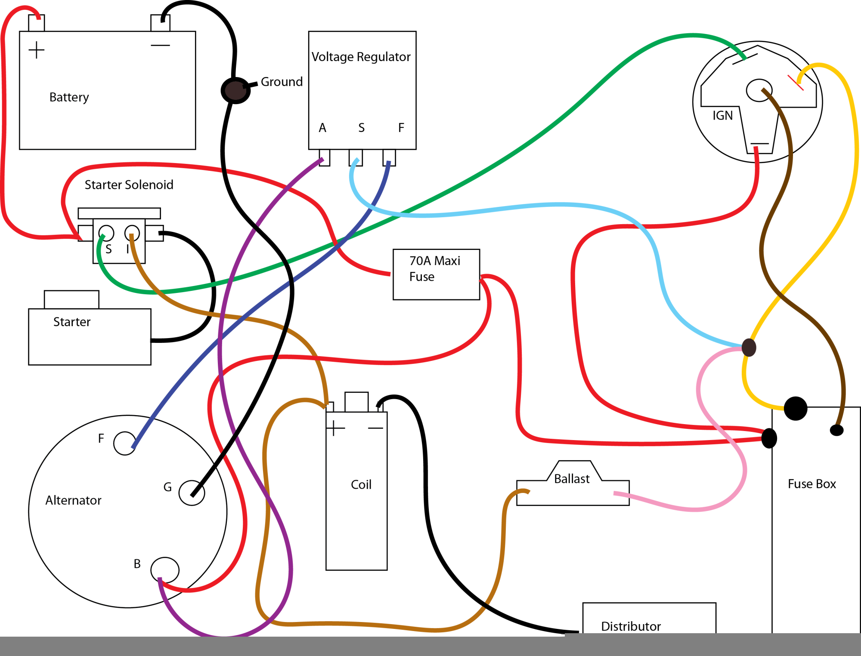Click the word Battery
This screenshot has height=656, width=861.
(x=69, y=97)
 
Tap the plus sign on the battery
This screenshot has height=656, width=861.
(x=37, y=50)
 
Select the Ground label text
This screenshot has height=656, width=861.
(x=282, y=82)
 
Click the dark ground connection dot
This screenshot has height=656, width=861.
(x=235, y=90)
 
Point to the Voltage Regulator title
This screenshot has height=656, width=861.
(x=361, y=57)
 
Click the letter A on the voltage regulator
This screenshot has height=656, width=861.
(x=322, y=128)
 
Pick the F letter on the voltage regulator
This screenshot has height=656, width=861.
(x=401, y=128)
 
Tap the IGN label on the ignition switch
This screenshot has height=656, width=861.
(x=722, y=115)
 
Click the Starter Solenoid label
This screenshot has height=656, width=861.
(x=129, y=185)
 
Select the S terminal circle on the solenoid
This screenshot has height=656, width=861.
(x=106, y=233)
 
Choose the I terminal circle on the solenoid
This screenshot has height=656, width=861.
(x=132, y=233)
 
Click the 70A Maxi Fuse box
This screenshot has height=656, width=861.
(x=436, y=274)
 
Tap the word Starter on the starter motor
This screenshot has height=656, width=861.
(x=72, y=322)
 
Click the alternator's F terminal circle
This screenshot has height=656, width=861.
(x=124, y=443)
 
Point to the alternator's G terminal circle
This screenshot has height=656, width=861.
(x=192, y=493)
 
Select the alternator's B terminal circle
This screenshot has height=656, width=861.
(x=165, y=570)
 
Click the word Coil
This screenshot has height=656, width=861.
(x=361, y=485)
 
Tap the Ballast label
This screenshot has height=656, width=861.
(x=572, y=479)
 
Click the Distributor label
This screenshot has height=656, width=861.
(x=631, y=626)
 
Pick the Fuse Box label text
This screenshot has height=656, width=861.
(x=811, y=484)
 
